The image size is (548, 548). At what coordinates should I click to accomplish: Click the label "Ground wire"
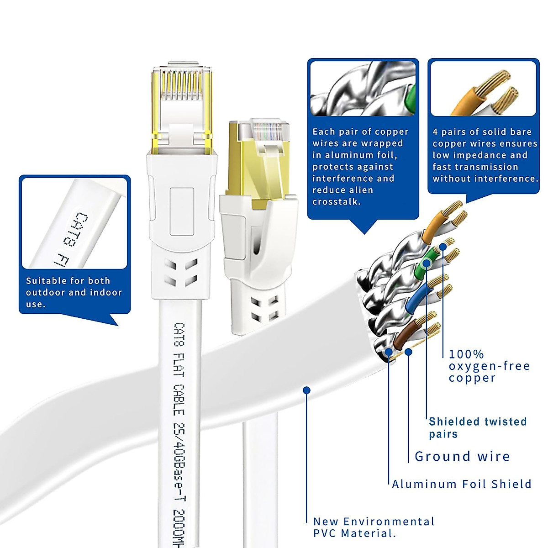click(x=462, y=456)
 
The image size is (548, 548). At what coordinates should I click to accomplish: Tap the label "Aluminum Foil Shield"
click(x=461, y=484)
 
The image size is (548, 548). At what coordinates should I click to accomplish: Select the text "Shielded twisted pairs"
click(x=477, y=427)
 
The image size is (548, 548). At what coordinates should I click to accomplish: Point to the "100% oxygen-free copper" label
click(x=489, y=366)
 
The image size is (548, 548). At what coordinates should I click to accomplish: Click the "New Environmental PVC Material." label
click(x=374, y=527)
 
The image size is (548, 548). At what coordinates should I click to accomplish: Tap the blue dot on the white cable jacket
click(x=307, y=390)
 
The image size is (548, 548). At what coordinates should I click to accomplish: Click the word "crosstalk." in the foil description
click(x=336, y=202)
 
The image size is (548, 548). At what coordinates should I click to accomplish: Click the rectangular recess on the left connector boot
click(x=182, y=210)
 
